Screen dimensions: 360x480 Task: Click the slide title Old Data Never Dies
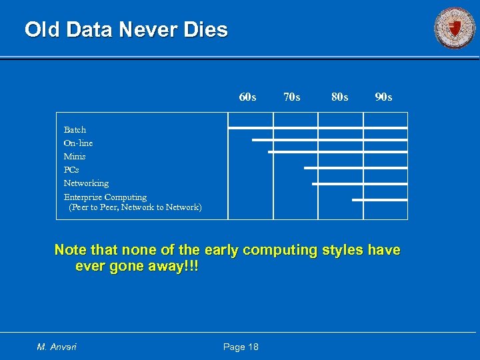(x=126, y=30)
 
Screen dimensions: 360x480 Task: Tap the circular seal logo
(x=455, y=28)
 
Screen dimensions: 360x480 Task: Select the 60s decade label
(x=247, y=97)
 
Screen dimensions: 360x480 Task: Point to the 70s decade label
(x=291, y=97)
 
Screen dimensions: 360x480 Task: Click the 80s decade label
(x=339, y=97)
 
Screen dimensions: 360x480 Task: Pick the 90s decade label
(x=383, y=97)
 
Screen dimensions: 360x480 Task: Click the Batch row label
(x=75, y=129)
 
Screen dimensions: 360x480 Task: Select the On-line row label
(x=78, y=143)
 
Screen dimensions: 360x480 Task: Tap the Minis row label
(x=75, y=156)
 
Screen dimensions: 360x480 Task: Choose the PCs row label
(x=71, y=169)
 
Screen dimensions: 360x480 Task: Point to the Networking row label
(x=86, y=183)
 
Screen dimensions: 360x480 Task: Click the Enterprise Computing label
(x=105, y=197)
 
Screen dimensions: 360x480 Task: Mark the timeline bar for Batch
(x=317, y=127)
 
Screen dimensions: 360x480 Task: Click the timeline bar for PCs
(x=355, y=168)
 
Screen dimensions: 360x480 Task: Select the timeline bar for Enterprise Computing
(x=379, y=199)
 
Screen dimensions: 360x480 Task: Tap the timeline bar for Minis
(x=337, y=152)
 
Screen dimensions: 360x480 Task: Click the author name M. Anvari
(x=57, y=347)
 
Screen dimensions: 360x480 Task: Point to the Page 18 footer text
(x=241, y=347)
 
